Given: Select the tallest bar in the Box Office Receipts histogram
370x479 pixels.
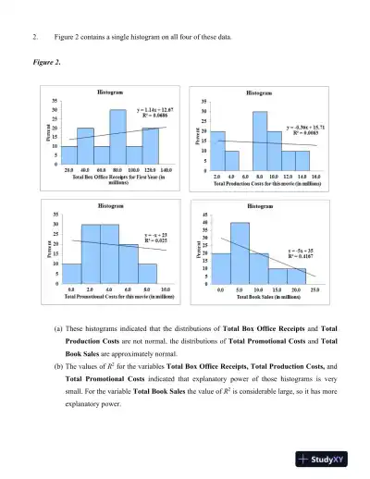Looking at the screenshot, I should (x=117, y=137).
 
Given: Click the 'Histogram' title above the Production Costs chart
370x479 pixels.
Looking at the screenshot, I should (x=259, y=92).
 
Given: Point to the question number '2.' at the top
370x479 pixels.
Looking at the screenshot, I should (x=34, y=36).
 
